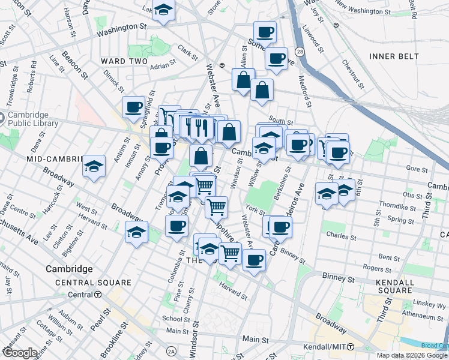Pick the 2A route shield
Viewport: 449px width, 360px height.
click(x=172, y=351)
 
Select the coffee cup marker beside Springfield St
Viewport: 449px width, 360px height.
click(x=134, y=107)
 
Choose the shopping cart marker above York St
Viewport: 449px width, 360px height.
click(x=216, y=207)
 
